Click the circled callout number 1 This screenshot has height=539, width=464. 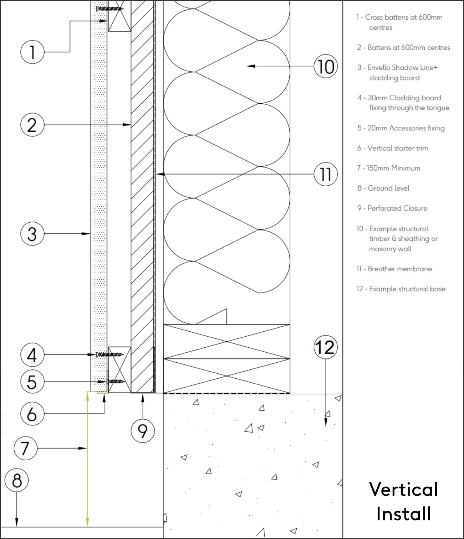pyautogui.click(x=32, y=52)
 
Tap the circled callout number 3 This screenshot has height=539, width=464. pyautogui.click(x=32, y=234)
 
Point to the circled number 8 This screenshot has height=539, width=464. pyautogui.click(x=17, y=480)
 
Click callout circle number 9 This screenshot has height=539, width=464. pyautogui.click(x=143, y=431)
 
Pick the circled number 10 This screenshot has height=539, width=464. pyautogui.click(x=325, y=66)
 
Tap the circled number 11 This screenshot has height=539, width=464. pyautogui.click(x=325, y=174)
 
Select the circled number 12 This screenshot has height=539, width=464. pyautogui.click(x=325, y=347)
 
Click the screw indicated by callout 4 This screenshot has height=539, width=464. pyautogui.click(x=110, y=354)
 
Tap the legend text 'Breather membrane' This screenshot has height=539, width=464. pyautogui.click(x=399, y=269)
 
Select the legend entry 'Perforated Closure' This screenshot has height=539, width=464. pyautogui.click(x=397, y=208)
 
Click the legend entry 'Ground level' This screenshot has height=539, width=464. pyautogui.click(x=388, y=188)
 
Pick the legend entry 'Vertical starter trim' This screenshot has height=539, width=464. pyautogui.click(x=397, y=148)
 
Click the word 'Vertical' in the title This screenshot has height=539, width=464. pyautogui.click(x=403, y=489)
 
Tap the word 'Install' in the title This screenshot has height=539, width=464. pyautogui.click(x=403, y=514)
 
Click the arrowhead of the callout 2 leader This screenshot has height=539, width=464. pyautogui.click(x=127, y=125)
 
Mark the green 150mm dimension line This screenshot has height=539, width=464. pyautogui.click(x=87, y=460)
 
